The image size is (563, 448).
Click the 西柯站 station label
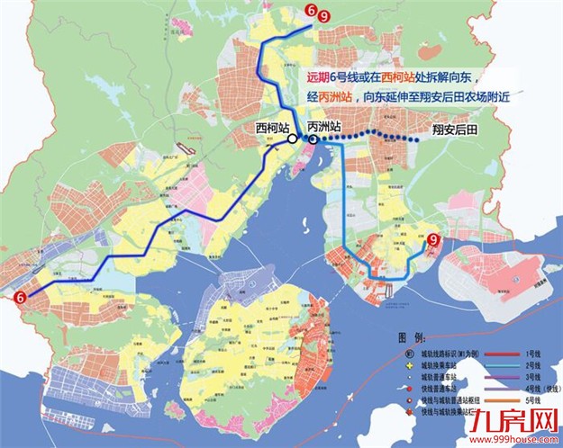pos(274,127)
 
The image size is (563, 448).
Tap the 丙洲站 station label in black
pos(323,127)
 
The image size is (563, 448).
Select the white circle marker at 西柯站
pos(293,139)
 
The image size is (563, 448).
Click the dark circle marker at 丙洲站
pos(311,139)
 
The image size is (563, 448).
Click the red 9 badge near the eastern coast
pos(434,240)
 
